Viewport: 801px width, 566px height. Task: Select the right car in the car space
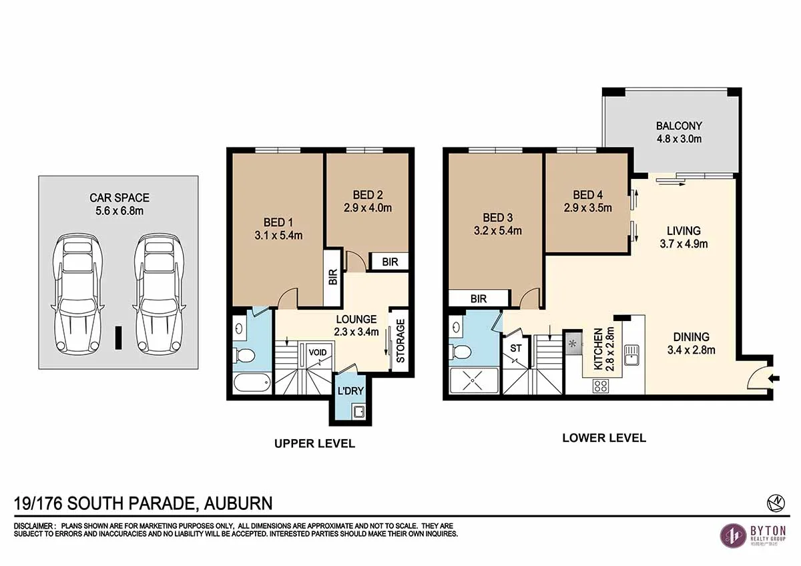tap(158, 292)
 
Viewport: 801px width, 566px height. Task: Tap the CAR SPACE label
tap(119, 198)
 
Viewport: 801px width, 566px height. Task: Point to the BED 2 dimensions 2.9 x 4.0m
tap(368, 208)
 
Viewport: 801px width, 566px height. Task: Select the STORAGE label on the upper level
tap(400, 340)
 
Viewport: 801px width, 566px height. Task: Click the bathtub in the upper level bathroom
tap(253, 384)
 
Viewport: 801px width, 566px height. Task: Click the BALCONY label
tap(679, 126)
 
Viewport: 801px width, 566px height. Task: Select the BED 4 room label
tap(587, 195)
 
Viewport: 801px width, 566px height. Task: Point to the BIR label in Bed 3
tap(479, 299)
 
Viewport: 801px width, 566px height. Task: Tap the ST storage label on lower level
tap(515, 348)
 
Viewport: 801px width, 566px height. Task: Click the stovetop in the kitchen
tap(600, 385)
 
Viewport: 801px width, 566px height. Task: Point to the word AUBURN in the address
tap(238, 503)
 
